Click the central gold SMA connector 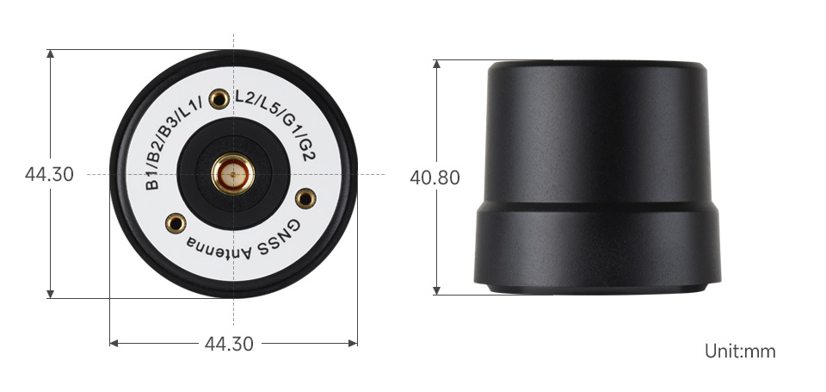point(233,174)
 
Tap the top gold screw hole point(219,99)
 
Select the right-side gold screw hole point(305,198)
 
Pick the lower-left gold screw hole point(176,224)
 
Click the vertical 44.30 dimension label point(49,175)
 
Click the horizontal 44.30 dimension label point(229,344)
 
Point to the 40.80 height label point(435,178)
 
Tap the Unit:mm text point(740,352)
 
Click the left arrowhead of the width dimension point(113,343)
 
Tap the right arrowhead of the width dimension point(354,343)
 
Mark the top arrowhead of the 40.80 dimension point(437,64)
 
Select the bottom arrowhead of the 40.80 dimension point(437,290)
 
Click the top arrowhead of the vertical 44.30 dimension point(52,53)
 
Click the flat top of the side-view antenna point(597,65)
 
